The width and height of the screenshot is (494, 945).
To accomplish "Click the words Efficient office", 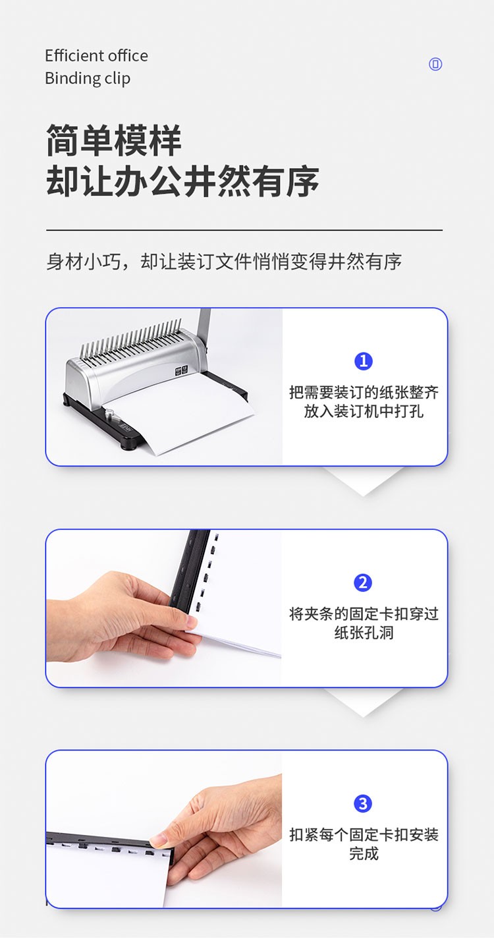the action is pyautogui.click(x=97, y=56).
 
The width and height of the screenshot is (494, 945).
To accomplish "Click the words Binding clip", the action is pyautogui.click(x=88, y=79).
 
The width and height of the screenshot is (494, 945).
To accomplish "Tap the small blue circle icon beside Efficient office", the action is pyautogui.click(x=435, y=64).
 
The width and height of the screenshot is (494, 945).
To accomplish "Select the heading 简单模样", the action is pyautogui.click(x=113, y=140).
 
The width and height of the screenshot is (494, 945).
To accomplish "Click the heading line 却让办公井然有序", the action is pyautogui.click(x=182, y=181).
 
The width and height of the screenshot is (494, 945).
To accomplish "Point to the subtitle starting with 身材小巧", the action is pyautogui.click(x=224, y=262).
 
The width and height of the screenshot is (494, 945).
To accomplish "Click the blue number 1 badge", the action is pyautogui.click(x=364, y=361).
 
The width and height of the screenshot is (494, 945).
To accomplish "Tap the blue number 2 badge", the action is pyautogui.click(x=363, y=583).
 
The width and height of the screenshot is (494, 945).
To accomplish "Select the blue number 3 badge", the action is pyautogui.click(x=363, y=804).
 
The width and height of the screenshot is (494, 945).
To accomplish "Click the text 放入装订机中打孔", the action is pyautogui.click(x=364, y=411).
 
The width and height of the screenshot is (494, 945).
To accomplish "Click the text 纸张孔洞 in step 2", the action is pyautogui.click(x=364, y=633).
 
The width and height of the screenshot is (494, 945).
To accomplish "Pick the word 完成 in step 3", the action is pyautogui.click(x=364, y=854).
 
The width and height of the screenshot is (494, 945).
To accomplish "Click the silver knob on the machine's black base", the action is pyautogui.click(x=111, y=415).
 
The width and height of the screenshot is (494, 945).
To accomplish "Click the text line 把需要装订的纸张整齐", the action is pyautogui.click(x=364, y=392).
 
